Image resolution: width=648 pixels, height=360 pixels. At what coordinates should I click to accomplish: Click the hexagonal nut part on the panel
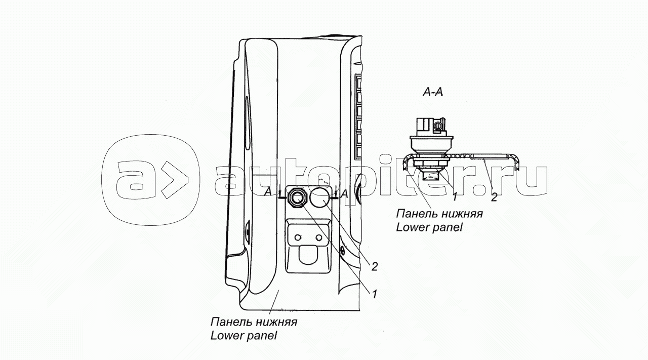coord(296,198)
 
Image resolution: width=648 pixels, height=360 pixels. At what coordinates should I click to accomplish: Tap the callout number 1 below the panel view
coord(374,294)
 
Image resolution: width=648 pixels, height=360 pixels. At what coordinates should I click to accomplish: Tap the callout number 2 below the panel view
coord(375,266)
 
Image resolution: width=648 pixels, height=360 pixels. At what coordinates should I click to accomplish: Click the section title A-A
coord(433,92)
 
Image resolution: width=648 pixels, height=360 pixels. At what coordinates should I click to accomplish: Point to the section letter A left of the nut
coord(268,191)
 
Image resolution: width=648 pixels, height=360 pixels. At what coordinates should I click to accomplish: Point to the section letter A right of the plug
coord(345,194)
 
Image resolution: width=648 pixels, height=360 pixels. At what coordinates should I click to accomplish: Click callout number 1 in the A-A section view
coord(455,197)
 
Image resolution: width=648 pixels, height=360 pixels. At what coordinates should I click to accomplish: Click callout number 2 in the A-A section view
coord(494,197)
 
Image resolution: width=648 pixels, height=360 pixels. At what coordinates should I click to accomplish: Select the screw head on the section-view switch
coord(438,127)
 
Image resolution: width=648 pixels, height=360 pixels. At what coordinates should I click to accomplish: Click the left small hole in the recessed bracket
coord(297,237)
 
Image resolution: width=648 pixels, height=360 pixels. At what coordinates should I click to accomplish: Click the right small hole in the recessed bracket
coord(319,237)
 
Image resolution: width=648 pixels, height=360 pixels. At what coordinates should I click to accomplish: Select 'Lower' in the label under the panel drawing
coord(226,335)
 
